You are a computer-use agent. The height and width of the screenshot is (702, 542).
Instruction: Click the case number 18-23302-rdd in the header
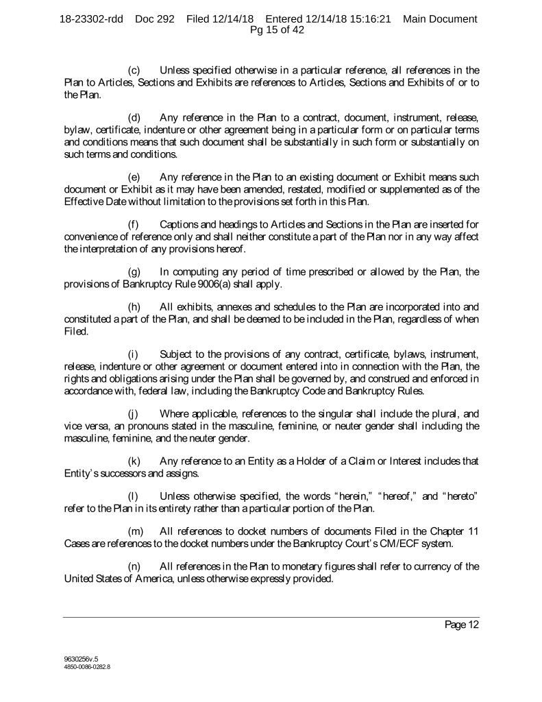(x=91, y=19)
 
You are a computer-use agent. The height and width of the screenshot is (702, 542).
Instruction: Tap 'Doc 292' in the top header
(x=157, y=19)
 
